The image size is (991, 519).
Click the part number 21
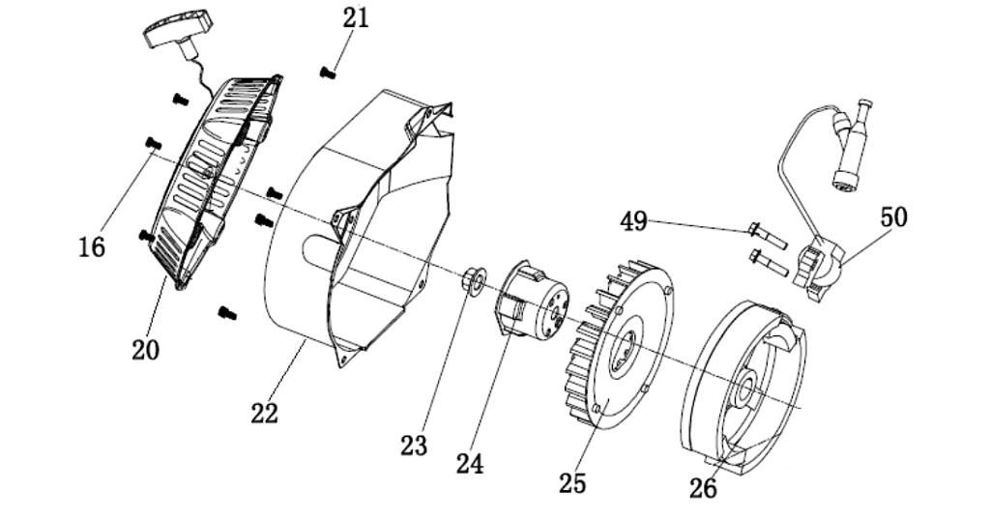(354, 17)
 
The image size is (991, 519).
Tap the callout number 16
(91, 247)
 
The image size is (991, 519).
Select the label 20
(145, 349)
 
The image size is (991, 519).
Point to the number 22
(264, 413)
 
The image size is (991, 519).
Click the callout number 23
(414, 446)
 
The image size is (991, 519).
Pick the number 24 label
(470, 464)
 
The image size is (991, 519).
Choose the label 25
(572, 481)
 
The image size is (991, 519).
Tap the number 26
(703, 489)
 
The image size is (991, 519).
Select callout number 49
(633, 222)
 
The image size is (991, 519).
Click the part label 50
(893, 217)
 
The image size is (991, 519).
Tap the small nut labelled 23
(474, 280)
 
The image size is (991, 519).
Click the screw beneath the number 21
(329, 70)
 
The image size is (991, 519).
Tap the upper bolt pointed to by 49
(767, 234)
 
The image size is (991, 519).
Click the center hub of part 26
(747, 389)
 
